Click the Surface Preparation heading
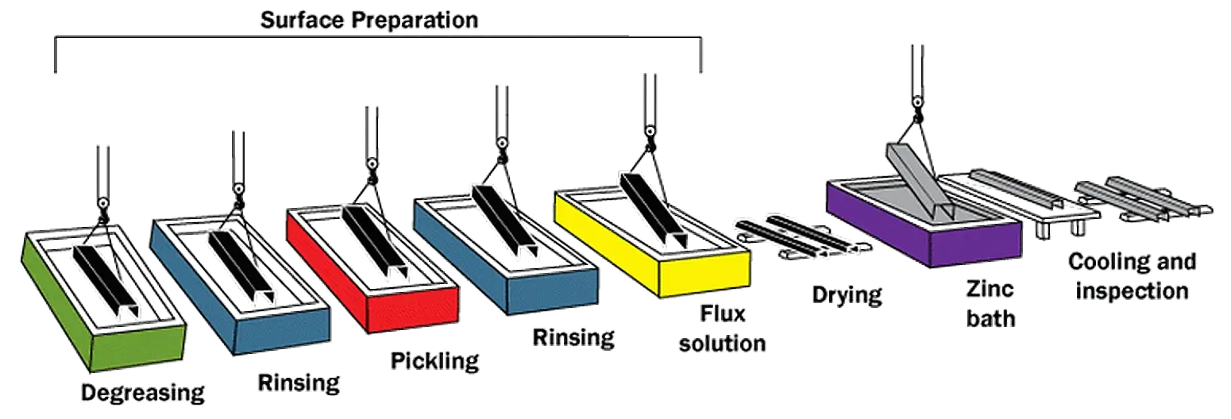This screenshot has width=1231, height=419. tap(369, 21)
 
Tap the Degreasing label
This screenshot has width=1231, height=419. tap(143, 393)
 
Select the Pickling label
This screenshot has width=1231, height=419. tap(434, 361)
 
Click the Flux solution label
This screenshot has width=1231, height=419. tap(722, 329)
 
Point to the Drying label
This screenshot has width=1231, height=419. tap(847, 295)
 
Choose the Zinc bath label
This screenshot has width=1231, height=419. tap(990, 304)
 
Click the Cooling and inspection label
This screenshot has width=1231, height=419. tap(1132, 276)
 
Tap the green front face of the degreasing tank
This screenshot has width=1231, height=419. tap(137, 347)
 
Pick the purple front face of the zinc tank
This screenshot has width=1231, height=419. tap(975, 245)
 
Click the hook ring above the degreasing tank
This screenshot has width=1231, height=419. tap(102, 204)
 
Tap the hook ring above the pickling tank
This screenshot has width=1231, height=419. tap(372, 163)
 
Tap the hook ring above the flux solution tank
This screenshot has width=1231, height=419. tap(650, 131)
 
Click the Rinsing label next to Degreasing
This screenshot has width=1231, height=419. tap(299, 382)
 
